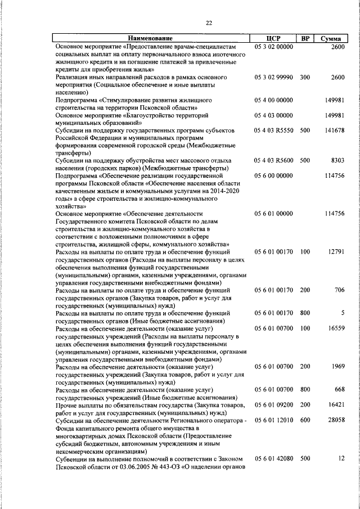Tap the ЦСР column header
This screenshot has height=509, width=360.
pos(273,38)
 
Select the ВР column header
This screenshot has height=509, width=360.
pos(305,38)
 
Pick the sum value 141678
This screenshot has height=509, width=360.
pos(334,130)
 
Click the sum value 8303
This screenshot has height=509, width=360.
pos(337,160)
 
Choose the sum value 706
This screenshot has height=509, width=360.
pos(339,290)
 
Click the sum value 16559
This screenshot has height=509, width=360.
pos(336,328)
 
